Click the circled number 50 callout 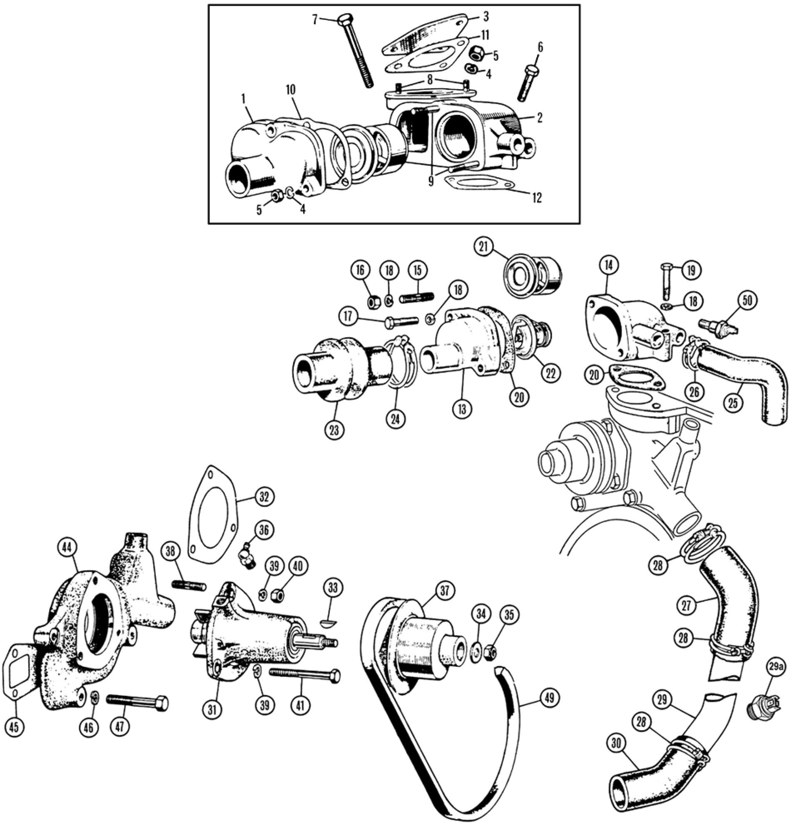tap(747, 300)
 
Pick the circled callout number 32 tap(263, 497)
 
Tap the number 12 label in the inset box tap(537, 197)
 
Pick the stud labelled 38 tap(189, 585)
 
